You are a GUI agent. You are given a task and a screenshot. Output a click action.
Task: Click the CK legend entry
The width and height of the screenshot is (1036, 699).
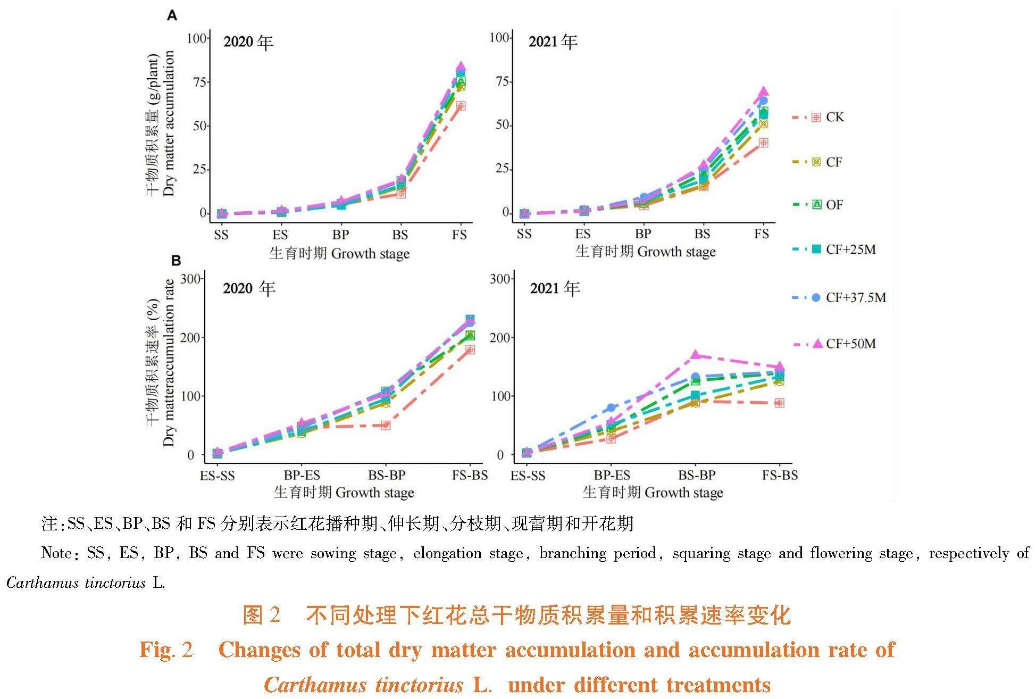coord(834,117)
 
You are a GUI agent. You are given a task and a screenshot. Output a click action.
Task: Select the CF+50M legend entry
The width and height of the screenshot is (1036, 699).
coord(850,344)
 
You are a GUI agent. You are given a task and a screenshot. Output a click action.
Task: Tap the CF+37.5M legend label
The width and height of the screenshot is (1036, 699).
coord(855,297)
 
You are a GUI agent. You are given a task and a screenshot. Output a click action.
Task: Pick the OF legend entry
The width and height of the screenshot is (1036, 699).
coord(833,205)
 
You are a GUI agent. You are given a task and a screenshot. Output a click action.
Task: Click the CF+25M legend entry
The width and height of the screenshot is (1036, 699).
coord(850,249)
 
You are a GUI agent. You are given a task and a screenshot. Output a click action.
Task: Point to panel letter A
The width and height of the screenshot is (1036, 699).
coord(172,15)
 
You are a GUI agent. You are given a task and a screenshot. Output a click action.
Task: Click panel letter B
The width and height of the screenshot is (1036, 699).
coord(176,261)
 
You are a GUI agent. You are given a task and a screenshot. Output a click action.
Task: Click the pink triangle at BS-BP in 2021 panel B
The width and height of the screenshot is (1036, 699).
coord(696,355)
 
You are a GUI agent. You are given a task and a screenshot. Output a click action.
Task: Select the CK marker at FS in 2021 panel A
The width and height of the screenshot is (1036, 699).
coord(763,143)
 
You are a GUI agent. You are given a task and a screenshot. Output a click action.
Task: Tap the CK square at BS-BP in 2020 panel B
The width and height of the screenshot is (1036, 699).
coord(386,425)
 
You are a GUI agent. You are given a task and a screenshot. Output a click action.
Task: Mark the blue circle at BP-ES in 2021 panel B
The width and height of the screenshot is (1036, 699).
coord(611,408)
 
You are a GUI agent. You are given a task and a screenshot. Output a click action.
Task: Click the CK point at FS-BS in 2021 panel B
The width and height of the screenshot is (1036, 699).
coord(779,403)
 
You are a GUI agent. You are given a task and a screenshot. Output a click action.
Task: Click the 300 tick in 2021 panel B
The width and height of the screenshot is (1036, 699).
coord(500,279)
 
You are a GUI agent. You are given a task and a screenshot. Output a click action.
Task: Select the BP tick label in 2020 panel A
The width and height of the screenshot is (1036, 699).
coord(340,235)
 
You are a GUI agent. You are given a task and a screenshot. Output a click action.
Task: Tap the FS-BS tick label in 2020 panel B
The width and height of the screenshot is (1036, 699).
coord(470,475)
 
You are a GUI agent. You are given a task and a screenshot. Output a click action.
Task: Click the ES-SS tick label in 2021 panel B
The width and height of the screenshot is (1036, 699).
coord(528,475)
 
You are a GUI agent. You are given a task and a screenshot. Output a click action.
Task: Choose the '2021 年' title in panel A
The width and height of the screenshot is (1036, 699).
coord(553,41)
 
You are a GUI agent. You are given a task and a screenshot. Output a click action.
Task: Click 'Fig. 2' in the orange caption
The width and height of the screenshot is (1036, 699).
coord(166,650)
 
